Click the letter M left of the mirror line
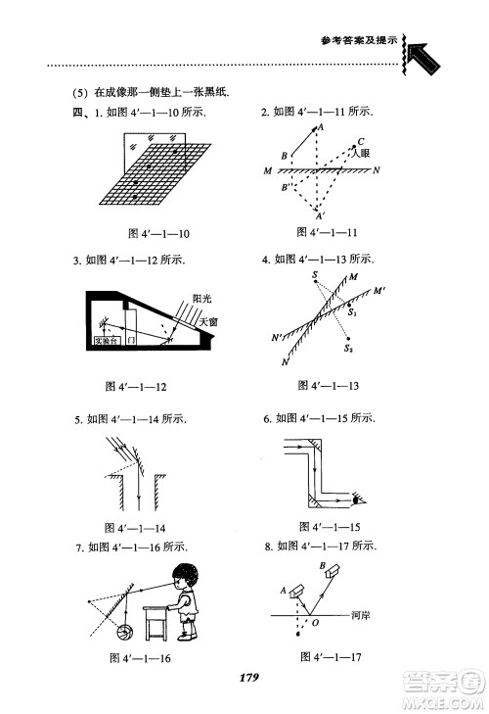tap(267, 170)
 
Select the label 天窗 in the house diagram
tap(207, 320)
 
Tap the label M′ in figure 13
tap(379, 291)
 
